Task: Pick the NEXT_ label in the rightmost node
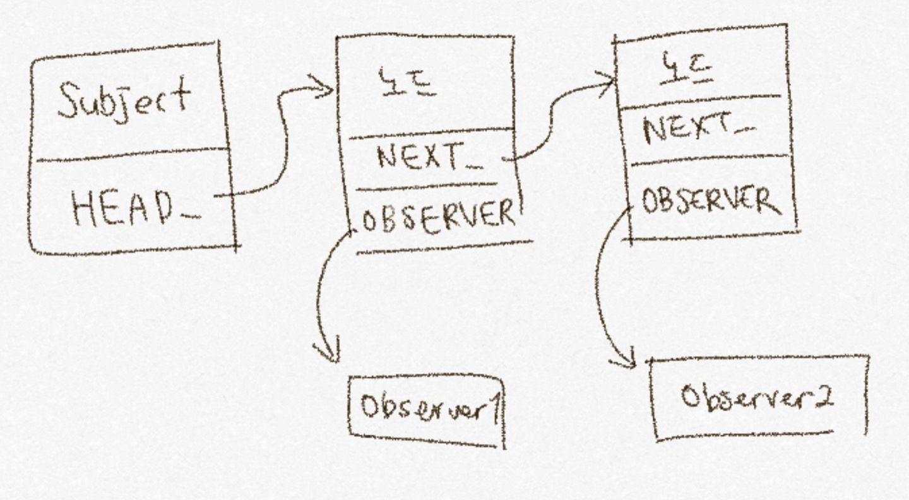tap(691, 129)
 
